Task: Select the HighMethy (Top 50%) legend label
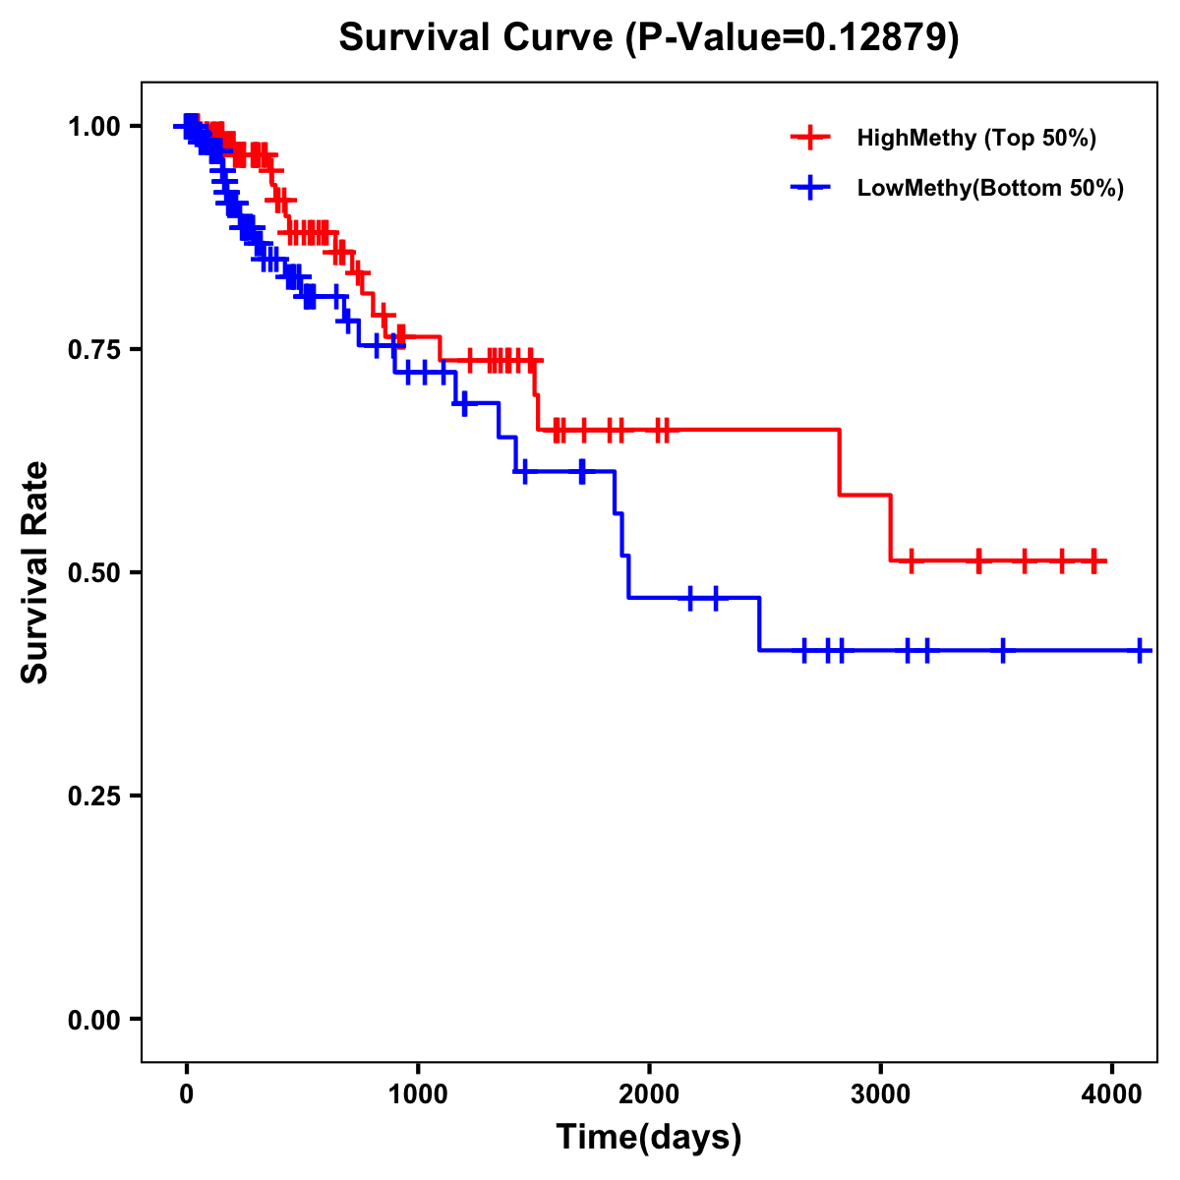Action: tap(976, 138)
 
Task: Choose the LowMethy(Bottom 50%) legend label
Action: tap(990, 188)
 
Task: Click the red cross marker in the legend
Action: tap(810, 138)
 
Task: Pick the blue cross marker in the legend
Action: tap(810, 188)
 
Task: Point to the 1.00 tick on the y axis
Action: tap(92, 126)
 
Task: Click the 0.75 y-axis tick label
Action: tap(92, 349)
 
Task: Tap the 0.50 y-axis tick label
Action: tap(92, 572)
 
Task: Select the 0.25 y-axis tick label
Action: tap(92, 796)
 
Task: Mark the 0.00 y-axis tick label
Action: tap(92, 1019)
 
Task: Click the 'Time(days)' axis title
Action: tap(649, 1138)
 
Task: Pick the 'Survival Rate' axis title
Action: tap(35, 572)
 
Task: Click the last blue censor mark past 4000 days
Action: tap(1140, 650)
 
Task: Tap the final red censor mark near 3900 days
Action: tap(1094, 560)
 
